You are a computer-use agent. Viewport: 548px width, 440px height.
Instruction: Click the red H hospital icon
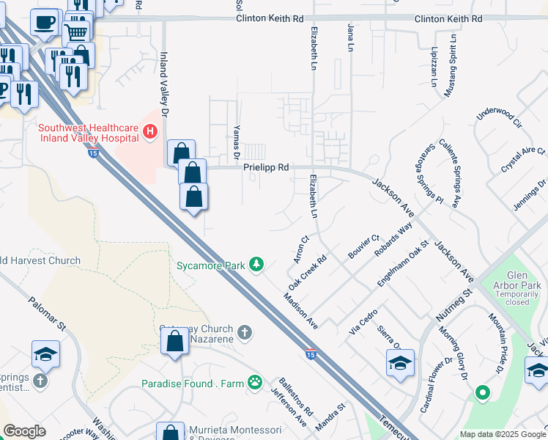click(150, 132)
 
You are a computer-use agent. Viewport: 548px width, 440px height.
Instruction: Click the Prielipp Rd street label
click(266, 168)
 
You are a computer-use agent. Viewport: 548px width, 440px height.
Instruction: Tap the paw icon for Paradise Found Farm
click(254, 382)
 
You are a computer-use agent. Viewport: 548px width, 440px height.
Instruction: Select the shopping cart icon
click(75, 32)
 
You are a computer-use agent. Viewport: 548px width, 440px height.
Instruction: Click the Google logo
click(24, 431)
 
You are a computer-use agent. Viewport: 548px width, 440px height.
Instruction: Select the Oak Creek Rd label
click(307, 272)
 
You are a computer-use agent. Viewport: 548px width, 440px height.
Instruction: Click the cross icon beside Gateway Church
click(245, 333)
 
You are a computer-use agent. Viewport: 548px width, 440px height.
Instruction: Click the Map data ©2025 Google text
click(502, 434)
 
